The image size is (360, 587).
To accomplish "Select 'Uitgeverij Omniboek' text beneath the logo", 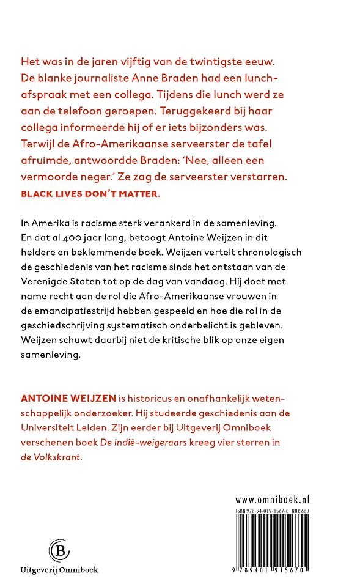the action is (59, 569).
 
